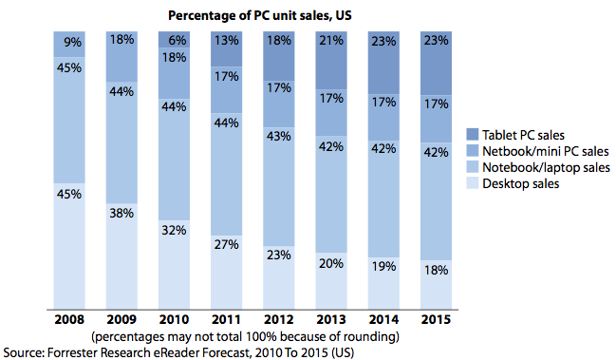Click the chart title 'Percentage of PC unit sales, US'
point(260,16)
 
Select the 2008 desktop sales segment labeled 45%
point(69,246)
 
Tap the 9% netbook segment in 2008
point(69,45)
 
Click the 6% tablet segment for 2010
point(174,40)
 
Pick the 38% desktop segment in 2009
point(121,256)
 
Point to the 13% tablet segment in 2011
point(226,49)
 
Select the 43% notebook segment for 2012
point(279,187)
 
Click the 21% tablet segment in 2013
point(331,61)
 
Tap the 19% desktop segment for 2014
point(383,283)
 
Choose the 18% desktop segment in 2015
point(436,285)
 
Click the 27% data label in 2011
point(226,244)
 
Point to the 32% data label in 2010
point(174,230)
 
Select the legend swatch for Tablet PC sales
point(473,135)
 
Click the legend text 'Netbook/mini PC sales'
point(545,151)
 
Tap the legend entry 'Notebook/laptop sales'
point(538,167)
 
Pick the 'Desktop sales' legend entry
point(513,183)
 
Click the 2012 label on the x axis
point(279,319)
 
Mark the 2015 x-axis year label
point(436,319)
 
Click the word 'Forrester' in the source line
point(72,352)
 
